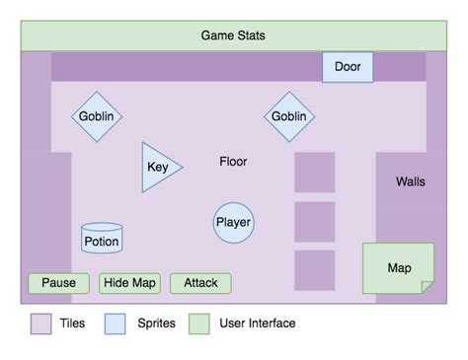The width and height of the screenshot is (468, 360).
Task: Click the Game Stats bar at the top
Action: click(233, 36)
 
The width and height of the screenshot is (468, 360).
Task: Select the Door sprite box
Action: click(348, 67)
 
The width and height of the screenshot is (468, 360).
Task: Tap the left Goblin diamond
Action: click(96, 116)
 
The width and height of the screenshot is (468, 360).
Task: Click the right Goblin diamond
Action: click(288, 116)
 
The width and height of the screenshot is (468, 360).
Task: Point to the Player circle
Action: click(234, 222)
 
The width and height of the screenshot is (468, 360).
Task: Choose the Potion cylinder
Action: click(102, 240)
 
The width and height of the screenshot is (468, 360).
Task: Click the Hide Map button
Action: click(130, 283)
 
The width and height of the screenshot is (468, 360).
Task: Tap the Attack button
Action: click(200, 283)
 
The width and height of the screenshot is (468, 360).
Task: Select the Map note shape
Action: click(398, 267)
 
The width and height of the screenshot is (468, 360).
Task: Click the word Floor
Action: click(233, 161)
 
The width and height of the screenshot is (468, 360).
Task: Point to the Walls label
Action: click(411, 181)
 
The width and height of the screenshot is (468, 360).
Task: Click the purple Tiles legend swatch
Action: click(40, 324)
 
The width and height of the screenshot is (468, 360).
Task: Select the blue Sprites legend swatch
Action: click(116, 324)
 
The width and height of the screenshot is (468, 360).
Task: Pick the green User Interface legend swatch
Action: click(200, 324)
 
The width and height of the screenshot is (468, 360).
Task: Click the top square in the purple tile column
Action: click(315, 173)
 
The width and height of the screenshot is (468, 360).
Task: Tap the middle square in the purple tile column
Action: click(315, 221)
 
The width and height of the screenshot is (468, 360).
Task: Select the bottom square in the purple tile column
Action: click(315, 270)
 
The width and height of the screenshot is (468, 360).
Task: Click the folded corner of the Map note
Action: click(427, 287)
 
